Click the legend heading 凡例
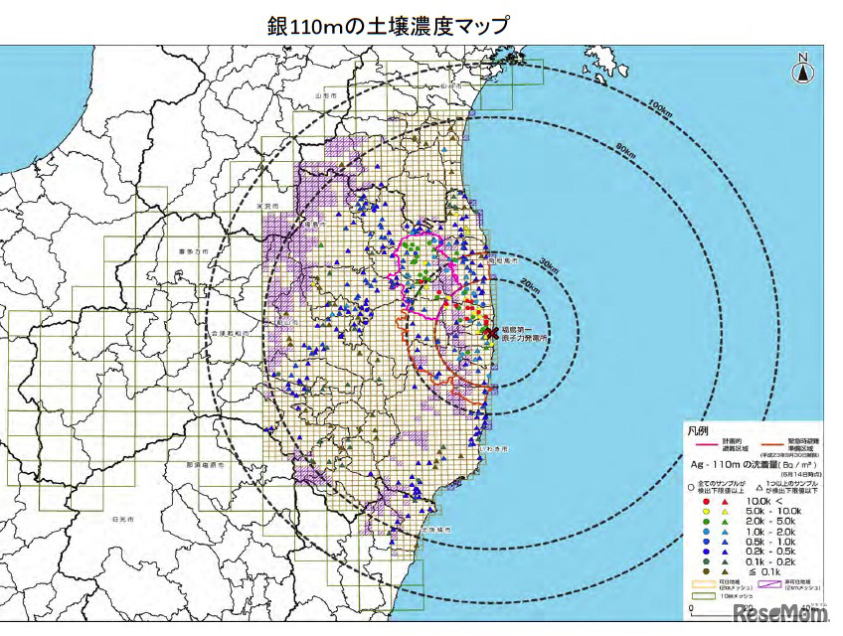click(700, 431)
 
